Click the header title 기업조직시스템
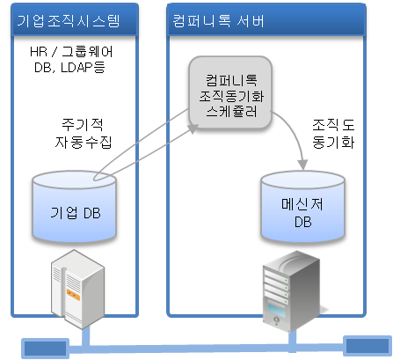point(69,21)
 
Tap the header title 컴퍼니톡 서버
point(218,21)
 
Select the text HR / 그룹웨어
point(71,52)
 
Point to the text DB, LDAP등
point(69,68)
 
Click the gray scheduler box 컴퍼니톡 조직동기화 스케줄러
point(230,92)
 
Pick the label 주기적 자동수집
point(84,134)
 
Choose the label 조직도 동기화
point(333,134)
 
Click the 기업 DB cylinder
point(75,207)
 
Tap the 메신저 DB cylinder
point(302,207)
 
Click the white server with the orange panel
point(77,289)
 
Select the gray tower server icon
point(291,291)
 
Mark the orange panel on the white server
point(73,295)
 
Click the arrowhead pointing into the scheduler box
point(193,129)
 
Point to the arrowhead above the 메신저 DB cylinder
point(302,165)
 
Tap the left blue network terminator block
point(46,349)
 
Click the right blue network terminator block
point(368,346)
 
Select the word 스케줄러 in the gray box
point(231,112)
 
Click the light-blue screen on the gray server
point(277,310)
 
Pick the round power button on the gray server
point(276,320)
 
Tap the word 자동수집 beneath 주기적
point(84,142)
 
